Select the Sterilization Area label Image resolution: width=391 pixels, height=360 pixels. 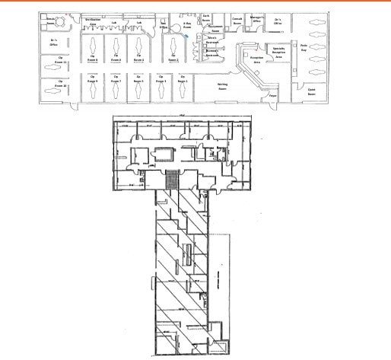click(x=92, y=21)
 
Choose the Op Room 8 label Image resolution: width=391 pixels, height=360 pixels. click(x=93, y=57)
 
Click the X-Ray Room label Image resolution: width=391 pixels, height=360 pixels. click(x=187, y=25)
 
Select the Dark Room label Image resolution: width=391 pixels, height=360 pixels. click(x=205, y=17)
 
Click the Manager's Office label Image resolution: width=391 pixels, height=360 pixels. click(x=256, y=19)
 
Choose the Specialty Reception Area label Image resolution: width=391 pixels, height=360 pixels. click(x=278, y=53)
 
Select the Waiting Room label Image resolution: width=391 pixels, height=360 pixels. click(x=223, y=87)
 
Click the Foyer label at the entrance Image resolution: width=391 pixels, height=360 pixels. click(x=272, y=96)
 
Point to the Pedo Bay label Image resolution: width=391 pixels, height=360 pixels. click(x=304, y=47)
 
